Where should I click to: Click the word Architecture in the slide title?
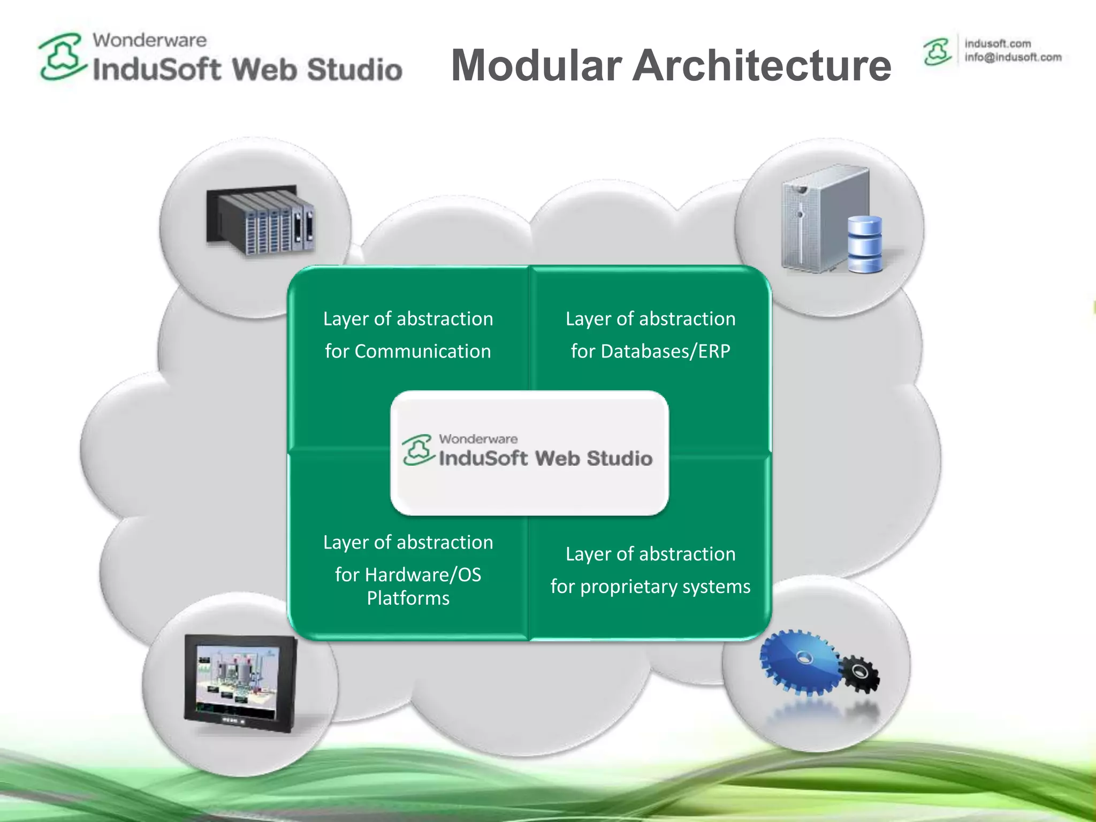(762, 65)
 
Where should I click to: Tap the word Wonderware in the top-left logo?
(149, 40)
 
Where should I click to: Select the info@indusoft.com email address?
(1013, 57)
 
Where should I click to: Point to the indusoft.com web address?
(998, 43)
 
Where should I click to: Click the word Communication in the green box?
(422, 352)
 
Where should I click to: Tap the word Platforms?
(408, 598)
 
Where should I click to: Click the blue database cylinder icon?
(865, 245)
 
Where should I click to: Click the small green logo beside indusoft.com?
(937, 52)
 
